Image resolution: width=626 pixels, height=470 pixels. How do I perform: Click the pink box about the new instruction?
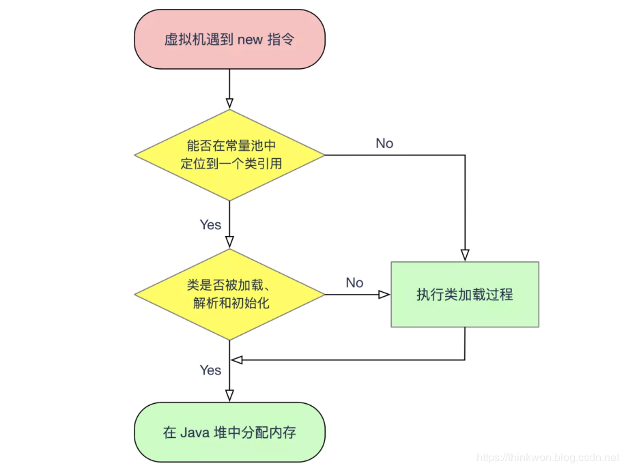(229, 40)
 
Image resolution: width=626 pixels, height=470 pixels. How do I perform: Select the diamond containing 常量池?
(229, 155)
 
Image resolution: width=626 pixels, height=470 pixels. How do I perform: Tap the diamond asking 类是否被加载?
(229, 294)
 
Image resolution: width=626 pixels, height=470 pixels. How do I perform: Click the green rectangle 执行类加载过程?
(465, 295)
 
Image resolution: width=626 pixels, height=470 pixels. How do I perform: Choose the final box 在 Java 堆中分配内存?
(229, 432)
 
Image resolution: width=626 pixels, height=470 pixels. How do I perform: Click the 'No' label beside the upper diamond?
(384, 143)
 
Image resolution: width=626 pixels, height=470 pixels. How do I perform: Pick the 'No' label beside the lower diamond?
(354, 282)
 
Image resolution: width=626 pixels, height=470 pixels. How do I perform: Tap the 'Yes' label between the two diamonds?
(210, 224)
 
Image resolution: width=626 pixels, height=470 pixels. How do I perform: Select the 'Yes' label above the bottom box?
(210, 370)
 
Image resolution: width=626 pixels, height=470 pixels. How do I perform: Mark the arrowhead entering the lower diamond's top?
(229, 243)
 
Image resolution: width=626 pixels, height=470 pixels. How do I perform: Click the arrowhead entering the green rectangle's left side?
(385, 295)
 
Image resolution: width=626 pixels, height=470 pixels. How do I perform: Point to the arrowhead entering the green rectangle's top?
(465, 256)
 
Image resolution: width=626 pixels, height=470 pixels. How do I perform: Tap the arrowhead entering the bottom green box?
(229, 396)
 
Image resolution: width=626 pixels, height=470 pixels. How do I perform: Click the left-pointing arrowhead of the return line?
(236, 359)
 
